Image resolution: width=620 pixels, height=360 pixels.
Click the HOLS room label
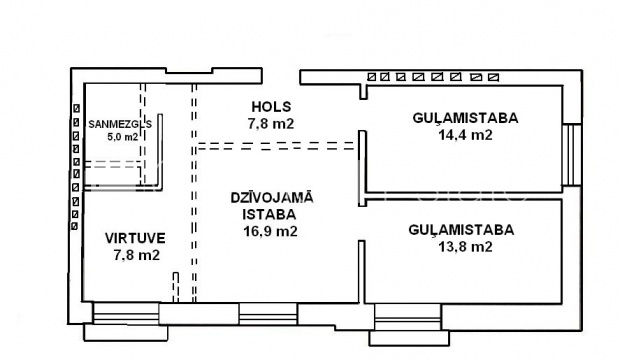coord(271,107)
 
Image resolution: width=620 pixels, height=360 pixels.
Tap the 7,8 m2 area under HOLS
coord(271,124)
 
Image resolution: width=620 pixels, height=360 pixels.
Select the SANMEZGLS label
coord(120,124)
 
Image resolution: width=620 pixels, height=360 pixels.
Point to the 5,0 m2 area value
coord(123,137)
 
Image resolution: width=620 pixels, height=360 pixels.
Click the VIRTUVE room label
coord(135,238)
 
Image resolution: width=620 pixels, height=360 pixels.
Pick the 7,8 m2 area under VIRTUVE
coord(137,255)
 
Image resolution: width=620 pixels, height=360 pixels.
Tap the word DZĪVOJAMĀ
coord(272,197)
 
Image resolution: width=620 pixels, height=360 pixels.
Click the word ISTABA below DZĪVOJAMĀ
coord(269,214)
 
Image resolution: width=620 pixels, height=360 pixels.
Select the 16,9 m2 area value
coord(270,231)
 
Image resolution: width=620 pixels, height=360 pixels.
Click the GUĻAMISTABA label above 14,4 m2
coord(465,118)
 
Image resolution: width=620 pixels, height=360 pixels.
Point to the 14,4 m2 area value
coord(465,135)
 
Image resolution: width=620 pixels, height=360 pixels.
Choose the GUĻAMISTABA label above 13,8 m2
coord(461,230)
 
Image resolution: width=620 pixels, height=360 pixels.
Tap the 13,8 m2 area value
coord(465,247)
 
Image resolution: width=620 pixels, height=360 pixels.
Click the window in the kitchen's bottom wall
coord(126,313)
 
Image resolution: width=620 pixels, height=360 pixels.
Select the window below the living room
coord(268,314)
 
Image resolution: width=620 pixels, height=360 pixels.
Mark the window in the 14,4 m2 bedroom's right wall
coord(572,154)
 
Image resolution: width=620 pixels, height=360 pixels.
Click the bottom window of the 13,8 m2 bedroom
coord(408,317)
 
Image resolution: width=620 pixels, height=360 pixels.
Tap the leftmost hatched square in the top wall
coord(371,77)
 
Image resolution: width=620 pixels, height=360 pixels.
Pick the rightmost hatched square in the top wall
coord(493,77)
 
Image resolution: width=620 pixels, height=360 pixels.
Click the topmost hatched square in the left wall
coord(76,108)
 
